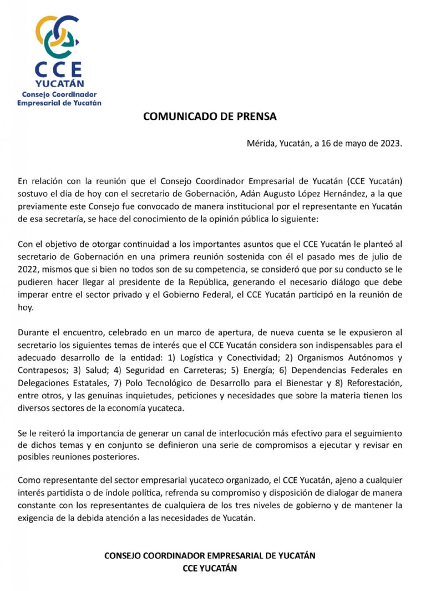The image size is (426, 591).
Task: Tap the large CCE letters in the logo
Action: click(x=59, y=69)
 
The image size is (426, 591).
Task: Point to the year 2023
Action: click(x=389, y=143)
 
